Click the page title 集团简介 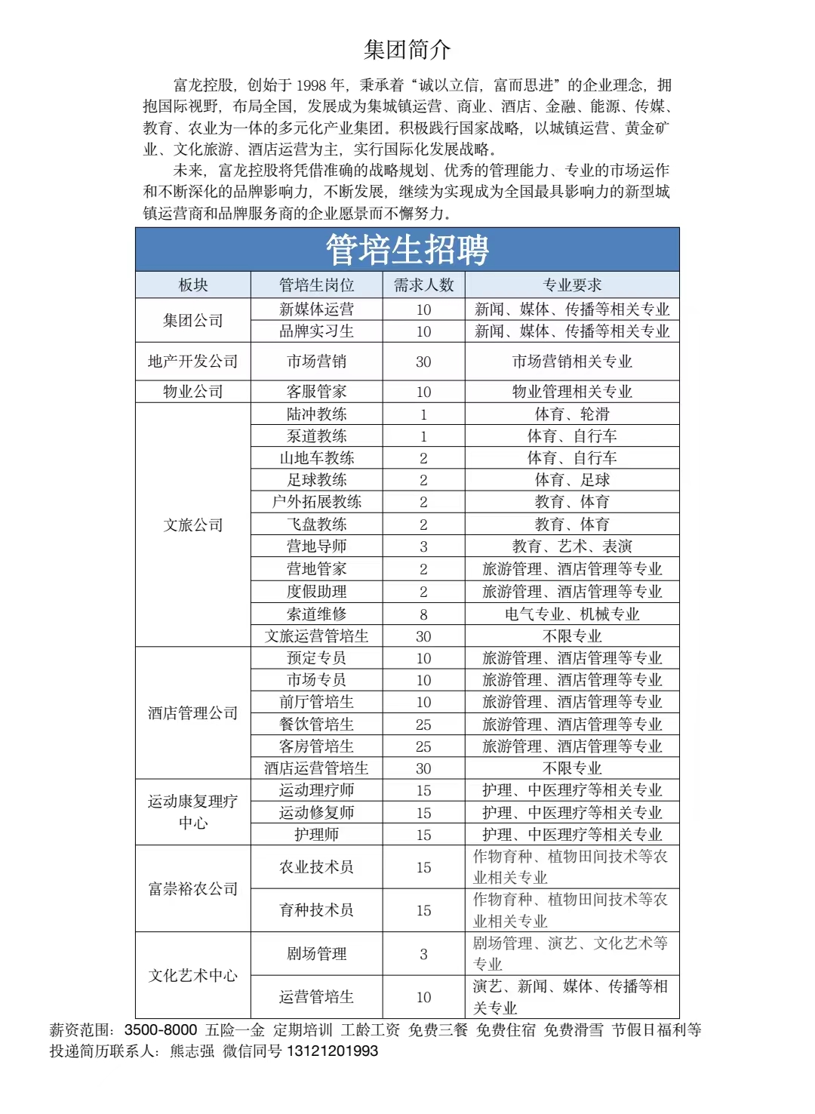[407, 50]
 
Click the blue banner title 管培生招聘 [407, 250]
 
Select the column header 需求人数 [423, 285]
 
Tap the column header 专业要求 [572, 285]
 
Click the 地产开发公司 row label [193, 362]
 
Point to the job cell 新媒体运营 [316, 309]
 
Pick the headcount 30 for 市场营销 [423, 362]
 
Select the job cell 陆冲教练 [316, 414]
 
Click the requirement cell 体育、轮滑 [572, 414]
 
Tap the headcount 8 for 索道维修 [423, 614]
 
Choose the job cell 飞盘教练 [316, 525]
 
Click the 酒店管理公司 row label [193, 713]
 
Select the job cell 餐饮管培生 [316, 725]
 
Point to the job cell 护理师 [316, 835]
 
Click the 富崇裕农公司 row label [193, 889]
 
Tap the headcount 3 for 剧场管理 [423, 954]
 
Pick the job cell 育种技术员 [316, 910]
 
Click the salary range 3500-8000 [161, 1030]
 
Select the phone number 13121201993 [332, 1051]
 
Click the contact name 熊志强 [192, 1051]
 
